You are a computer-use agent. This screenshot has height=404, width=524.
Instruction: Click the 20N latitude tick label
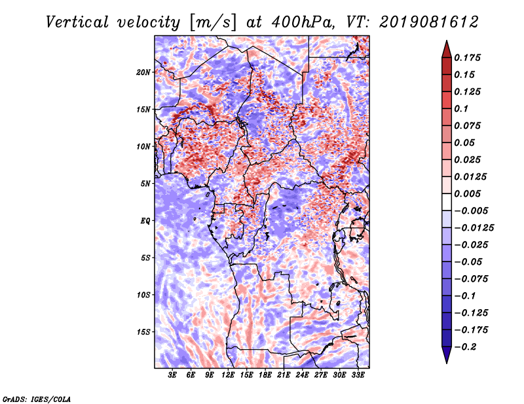(x=143, y=73)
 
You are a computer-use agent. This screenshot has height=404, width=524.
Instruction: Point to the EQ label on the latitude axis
(x=145, y=221)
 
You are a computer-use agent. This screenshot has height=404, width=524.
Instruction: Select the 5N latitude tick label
(x=145, y=184)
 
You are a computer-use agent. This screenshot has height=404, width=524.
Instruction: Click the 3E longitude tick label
(x=172, y=375)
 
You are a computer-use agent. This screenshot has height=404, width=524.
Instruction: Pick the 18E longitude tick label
(x=265, y=375)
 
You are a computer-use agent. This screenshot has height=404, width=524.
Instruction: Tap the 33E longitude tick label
(x=358, y=375)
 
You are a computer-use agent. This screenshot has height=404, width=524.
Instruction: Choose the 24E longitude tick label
(x=302, y=375)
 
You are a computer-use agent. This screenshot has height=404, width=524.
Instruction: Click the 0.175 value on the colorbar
(x=467, y=58)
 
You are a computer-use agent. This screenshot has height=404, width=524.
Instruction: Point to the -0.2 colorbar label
(x=466, y=347)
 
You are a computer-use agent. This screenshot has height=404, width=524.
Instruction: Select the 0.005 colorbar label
(x=467, y=194)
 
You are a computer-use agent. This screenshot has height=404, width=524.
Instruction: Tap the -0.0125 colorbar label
(x=474, y=228)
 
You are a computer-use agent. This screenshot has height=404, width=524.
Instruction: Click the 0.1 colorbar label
(x=461, y=109)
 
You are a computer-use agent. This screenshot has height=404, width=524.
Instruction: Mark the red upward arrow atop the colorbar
(x=447, y=49)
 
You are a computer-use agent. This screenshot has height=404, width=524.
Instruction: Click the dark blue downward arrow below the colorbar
(x=447, y=355)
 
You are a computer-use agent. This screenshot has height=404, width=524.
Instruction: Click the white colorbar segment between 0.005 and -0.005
(x=447, y=202)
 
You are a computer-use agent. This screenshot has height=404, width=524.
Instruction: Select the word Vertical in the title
(x=77, y=22)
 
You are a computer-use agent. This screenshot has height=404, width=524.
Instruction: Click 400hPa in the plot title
(x=303, y=22)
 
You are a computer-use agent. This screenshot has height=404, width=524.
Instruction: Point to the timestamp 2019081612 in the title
(x=429, y=22)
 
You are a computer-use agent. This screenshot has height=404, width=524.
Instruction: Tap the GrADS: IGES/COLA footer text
(x=37, y=399)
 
